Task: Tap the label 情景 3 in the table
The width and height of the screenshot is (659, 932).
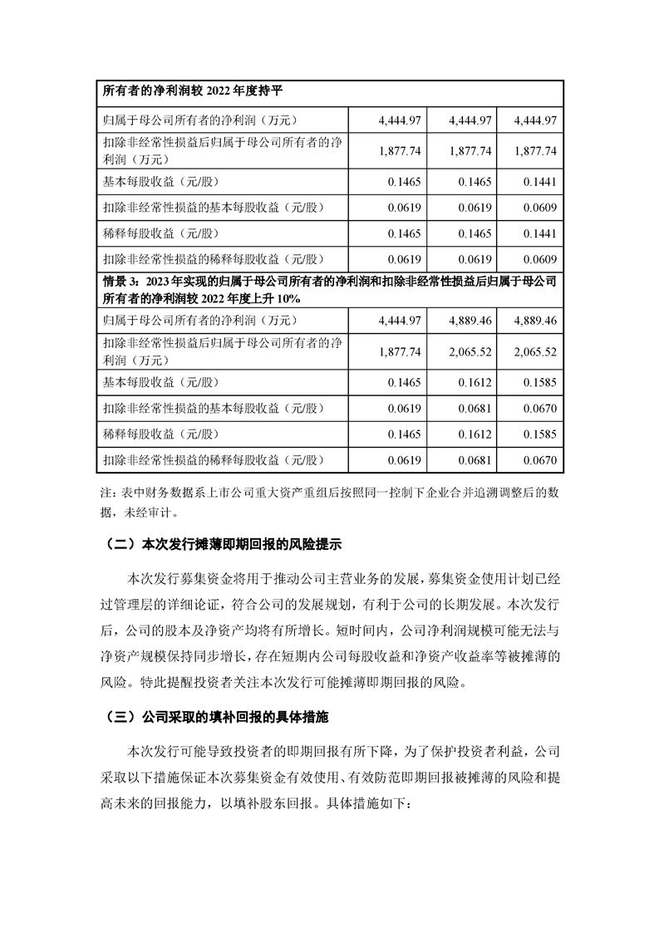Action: (119, 282)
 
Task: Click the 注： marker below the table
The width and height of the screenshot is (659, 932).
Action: (108, 493)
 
